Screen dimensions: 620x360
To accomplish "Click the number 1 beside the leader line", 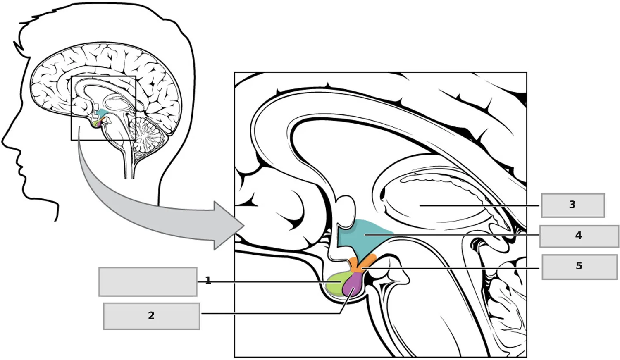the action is pos(208,280).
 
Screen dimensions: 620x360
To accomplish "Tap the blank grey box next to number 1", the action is pos(148,282).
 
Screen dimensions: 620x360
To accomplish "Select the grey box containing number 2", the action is pos(152,316).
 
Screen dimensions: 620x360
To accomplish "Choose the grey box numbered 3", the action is pos(573,205).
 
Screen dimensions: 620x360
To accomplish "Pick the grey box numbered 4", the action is pos(579,236).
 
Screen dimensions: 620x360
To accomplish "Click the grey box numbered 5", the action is pos(579,267).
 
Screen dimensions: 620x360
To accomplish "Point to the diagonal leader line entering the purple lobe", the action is pos(347,301).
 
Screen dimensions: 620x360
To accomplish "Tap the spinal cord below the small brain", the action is pos(129,163).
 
